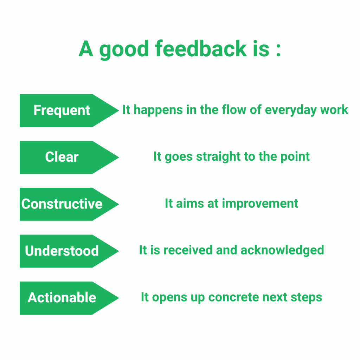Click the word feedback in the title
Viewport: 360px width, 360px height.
coord(201,49)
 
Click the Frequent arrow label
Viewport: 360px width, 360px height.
coord(69,110)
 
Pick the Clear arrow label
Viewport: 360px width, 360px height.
coord(69,157)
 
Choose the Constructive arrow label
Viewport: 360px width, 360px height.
coord(69,204)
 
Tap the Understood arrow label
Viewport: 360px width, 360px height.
coord(69,251)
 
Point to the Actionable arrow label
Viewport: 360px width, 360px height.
coord(69,298)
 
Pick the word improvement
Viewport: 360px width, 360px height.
coord(260,204)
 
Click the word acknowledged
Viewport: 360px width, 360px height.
coord(282,250)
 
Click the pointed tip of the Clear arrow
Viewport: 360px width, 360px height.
coord(118,157)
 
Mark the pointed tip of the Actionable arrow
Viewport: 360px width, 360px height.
coord(118,298)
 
